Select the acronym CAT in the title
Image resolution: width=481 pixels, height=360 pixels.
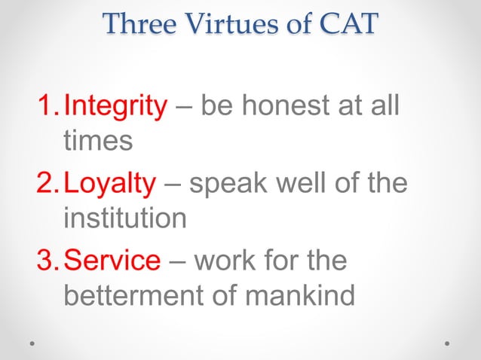[x=348, y=24]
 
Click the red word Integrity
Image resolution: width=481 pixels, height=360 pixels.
[x=115, y=108]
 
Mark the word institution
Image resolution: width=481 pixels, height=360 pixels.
[x=125, y=218]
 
